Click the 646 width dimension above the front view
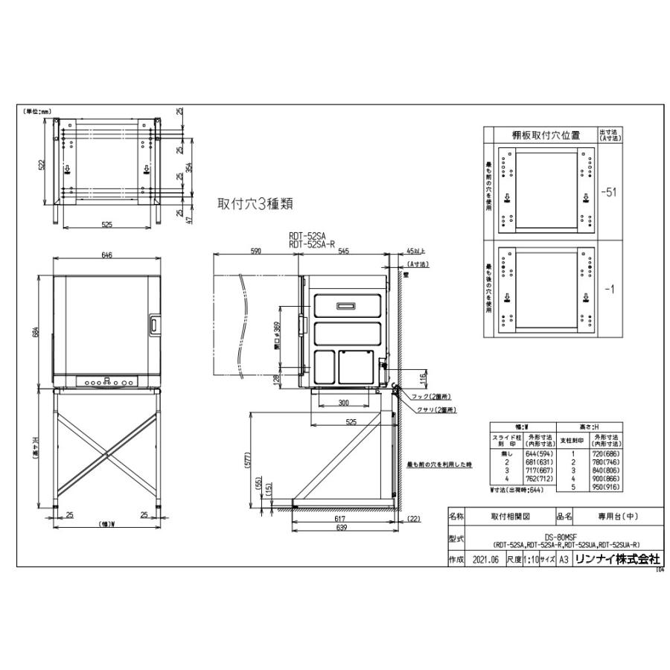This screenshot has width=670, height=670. pyautogui.click(x=106, y=255)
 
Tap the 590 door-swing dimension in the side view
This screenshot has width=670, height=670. pyautogui.click(x=256, y=252)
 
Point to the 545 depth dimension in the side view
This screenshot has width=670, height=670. pyautogui.click(x=343, y=252)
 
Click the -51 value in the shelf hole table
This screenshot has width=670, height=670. pyautogui.click(x=609, y=192)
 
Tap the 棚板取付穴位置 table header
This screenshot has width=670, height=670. pyautogui.click(x=540, y=135)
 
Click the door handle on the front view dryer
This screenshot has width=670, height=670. pyautogui.click(x=153, y=323)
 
